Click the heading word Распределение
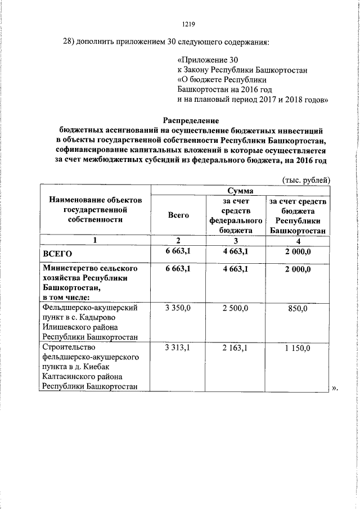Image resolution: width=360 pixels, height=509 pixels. tap(191, 120)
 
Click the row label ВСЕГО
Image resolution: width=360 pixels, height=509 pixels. tap(58, 254)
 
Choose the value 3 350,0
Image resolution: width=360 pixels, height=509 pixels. tap(178, 309)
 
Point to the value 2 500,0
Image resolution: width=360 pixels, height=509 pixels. tap(236, 309)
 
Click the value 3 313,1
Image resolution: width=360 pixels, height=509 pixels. tap(178, 349)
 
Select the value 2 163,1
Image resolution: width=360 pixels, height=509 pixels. tap(236, 349)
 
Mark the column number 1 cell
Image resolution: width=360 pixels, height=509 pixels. tap(95, 241)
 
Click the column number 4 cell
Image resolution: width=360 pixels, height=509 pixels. tap(298, 241)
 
